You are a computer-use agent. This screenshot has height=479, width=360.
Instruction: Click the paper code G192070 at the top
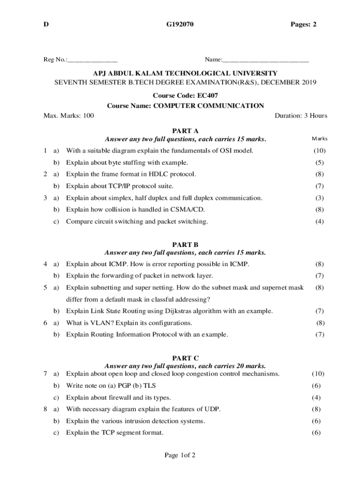[x=180, y=24]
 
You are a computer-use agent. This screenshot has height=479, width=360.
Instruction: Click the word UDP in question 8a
[x=213, y=409]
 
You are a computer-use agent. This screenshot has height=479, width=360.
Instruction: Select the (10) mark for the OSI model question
[x=319, y=151]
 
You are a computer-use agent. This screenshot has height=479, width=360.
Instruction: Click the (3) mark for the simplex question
[x=319, y=198]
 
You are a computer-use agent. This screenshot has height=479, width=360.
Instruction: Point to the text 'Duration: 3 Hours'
[x=301, y=116]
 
